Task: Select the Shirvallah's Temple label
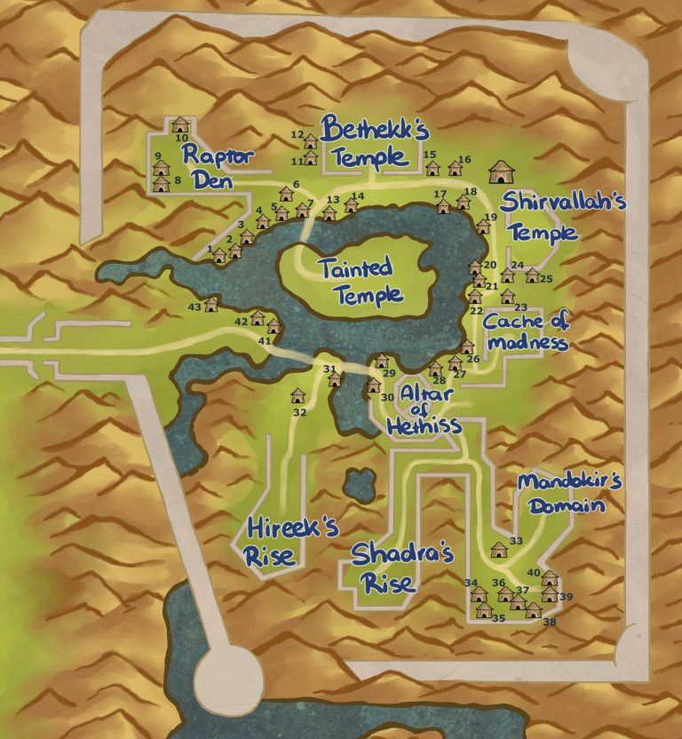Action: coord(541,217)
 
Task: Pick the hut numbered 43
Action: coord(211,305)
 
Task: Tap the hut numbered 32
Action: coord(297,395)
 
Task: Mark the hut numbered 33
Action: coord(499,549)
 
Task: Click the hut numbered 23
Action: coord(507,296)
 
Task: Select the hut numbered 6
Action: coord(286,195)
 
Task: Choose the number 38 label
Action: coord(549,623)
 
